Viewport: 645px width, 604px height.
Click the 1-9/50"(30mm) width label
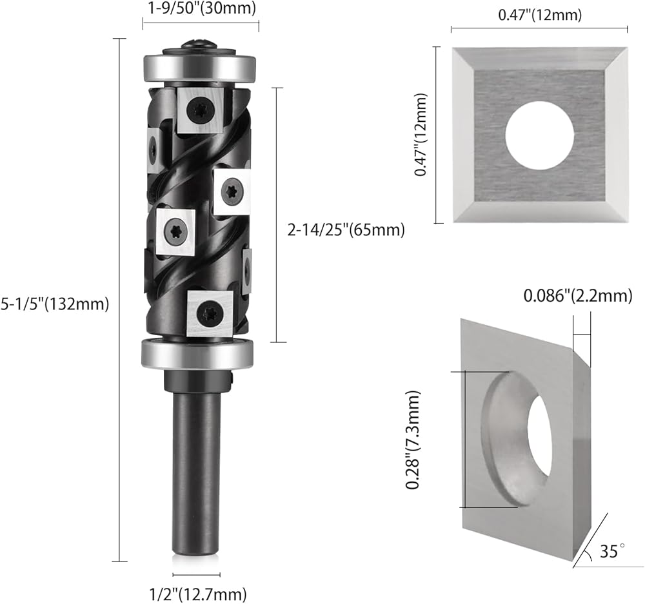pos(201,8)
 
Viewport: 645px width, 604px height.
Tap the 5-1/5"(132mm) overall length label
pos(55,304)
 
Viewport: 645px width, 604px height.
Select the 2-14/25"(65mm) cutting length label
pos(346,230)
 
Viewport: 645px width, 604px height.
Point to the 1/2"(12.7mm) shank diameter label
pos(198,594)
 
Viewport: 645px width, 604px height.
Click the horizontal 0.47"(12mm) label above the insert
pos(540,15)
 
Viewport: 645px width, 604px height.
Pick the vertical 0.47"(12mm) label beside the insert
pos(421,135)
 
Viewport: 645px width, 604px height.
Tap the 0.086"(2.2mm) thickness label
pos(578,296)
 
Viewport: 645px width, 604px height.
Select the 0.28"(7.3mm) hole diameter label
pos(413,440)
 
